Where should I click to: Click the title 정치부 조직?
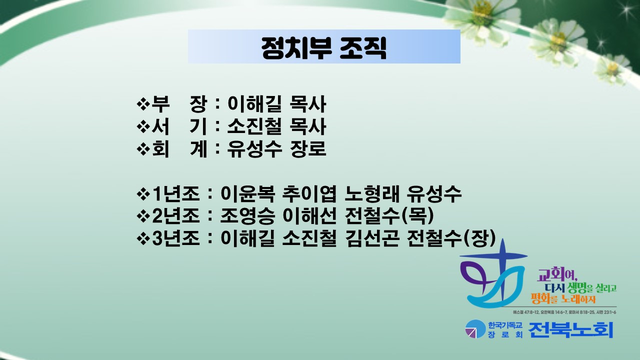coord(324,47)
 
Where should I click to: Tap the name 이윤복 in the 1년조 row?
coord(247,194)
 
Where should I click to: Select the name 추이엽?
coord(309,194)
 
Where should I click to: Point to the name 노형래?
coord(372,194)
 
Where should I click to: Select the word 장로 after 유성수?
coord(308,148)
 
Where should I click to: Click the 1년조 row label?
coord(175,194)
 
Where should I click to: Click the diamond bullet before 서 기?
coord(143,126)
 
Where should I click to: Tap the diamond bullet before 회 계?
coord(143,148)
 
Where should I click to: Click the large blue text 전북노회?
coord(571,329)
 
